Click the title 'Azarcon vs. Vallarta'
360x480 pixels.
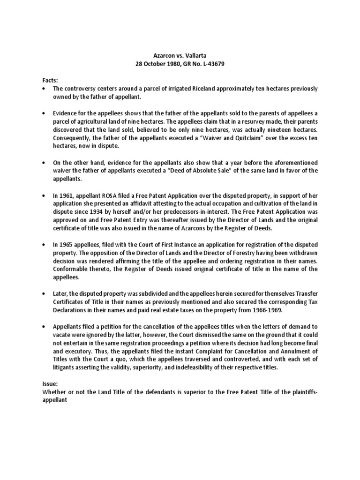tap(180, 55)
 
